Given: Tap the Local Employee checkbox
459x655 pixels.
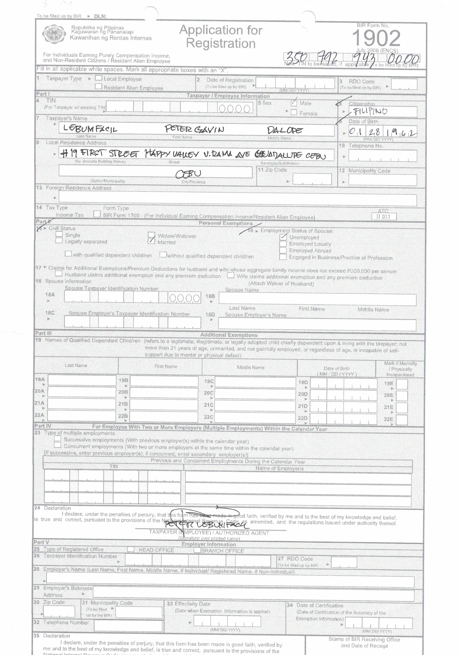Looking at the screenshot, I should point(99,78).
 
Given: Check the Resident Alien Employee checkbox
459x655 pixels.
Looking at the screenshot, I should point(99,86).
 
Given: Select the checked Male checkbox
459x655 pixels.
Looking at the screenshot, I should point(294,103).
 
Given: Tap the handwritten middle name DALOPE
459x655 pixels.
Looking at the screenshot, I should point(284,130).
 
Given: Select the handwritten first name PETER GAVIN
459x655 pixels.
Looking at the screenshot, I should point(194,129).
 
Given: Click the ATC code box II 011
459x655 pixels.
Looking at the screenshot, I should point(384,216).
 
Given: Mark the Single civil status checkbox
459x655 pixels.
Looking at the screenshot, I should point(59,234).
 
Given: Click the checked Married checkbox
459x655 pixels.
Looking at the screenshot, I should point(151,241).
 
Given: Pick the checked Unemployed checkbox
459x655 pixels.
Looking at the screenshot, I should point(283,237).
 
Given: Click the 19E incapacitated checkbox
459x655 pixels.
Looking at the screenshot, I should point(402,384).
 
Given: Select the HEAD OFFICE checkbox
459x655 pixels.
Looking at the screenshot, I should point(131,549).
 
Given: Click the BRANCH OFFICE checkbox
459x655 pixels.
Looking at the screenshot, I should point(197,550).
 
